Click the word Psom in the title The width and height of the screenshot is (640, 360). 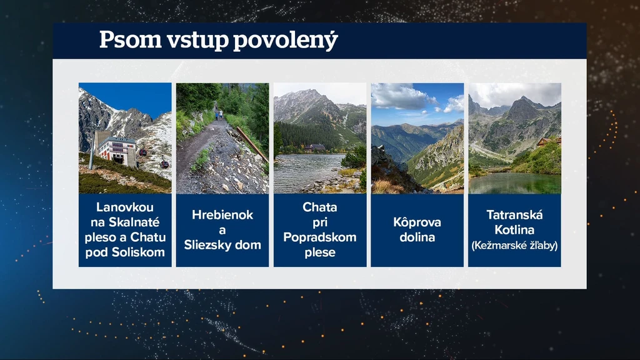pos(131,40)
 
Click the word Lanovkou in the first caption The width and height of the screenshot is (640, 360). pos(125,207)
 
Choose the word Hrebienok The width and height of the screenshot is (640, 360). pos(222,215)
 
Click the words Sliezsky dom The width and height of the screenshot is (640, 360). pos(222,245)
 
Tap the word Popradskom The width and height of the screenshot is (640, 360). pos(320,237)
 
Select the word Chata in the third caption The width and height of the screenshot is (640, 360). pos(320,207)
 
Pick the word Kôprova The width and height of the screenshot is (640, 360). pos(417,222)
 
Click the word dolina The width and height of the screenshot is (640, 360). pos(417,237)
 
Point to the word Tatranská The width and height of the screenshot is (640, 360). pos(515,215)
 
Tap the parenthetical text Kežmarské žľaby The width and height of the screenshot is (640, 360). pos(515,245)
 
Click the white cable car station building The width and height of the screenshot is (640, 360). pos(116,151)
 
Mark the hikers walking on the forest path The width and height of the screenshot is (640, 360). pos(219,114)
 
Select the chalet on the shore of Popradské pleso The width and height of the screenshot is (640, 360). pos(315,147)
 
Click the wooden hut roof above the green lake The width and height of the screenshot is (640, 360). pos(549,142)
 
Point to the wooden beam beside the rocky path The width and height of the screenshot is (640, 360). pos(252,144)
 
